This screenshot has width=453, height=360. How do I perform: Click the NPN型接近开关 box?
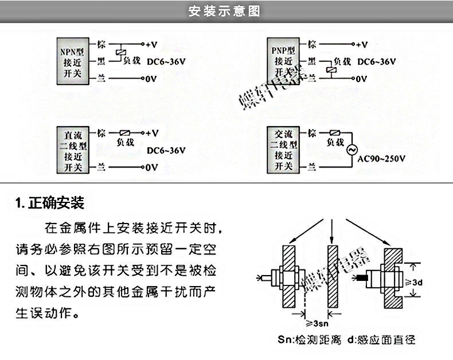[73, 58]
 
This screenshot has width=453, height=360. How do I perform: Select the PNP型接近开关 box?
[284, 58]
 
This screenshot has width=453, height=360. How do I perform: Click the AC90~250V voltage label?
[382, 159]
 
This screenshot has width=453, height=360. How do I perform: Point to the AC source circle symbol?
[352, 149]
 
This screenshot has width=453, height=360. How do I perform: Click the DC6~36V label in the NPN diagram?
[166, 61]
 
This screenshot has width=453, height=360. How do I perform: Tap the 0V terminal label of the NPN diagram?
[150, 79]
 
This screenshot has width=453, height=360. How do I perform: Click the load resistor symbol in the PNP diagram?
[330, 70]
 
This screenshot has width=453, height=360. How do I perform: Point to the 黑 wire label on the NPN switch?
[101, 61]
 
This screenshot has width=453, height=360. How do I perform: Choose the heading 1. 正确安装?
[50, 202]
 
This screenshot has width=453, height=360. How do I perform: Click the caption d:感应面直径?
[381, 340]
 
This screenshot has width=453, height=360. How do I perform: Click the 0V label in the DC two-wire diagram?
[150, 167]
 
